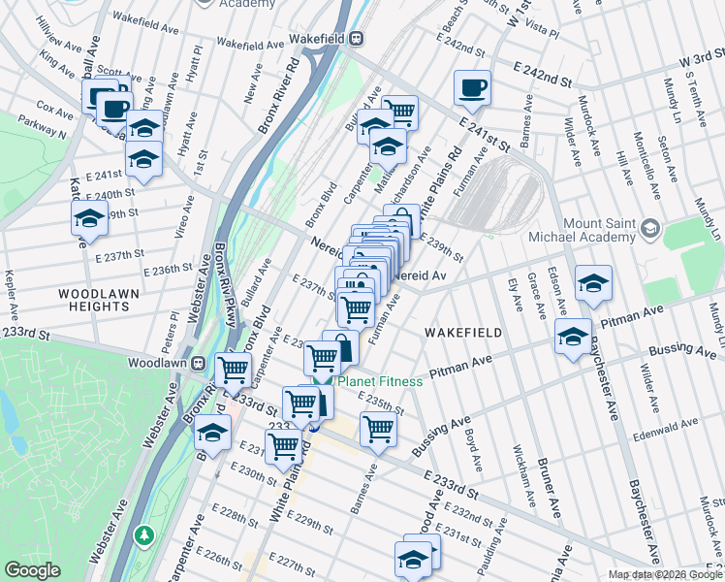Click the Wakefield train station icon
tap(357, 39)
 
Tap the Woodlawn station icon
tap(200, 363)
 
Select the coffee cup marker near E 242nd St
tap(472, 88)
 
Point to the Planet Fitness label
tap(379, 381)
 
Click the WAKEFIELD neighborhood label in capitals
tap(463, 333)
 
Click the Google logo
tap(32, 570)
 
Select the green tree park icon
tap(144, 534)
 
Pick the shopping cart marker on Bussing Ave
tap(378, 428)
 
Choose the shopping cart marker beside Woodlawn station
tap(234, 370)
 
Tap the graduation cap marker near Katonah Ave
tap(88, 219)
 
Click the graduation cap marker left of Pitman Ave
tap(573, 337)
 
